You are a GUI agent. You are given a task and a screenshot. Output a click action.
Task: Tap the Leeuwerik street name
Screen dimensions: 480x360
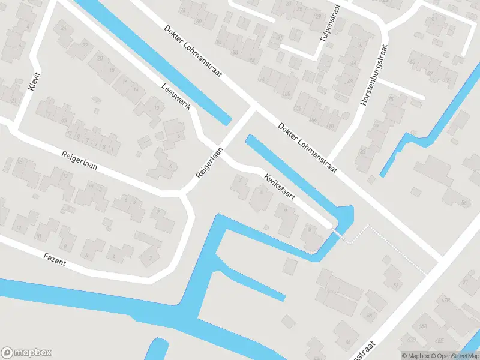pos(176,97)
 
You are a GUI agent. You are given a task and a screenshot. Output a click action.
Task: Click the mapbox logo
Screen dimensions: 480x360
pos(26,353)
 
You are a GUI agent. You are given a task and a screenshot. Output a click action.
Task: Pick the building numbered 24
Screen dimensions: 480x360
pos(64,29)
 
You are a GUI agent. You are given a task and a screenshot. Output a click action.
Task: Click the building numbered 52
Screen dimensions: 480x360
pos(395,284)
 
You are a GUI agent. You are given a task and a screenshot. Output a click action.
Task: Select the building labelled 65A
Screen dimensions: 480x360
pos(423,326)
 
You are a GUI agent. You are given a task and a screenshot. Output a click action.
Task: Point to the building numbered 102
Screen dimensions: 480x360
pos(298,109)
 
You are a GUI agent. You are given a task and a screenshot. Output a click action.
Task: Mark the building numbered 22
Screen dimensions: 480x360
pos(85,46)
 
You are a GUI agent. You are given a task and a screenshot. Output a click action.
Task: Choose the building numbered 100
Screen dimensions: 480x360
pos(286,94)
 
